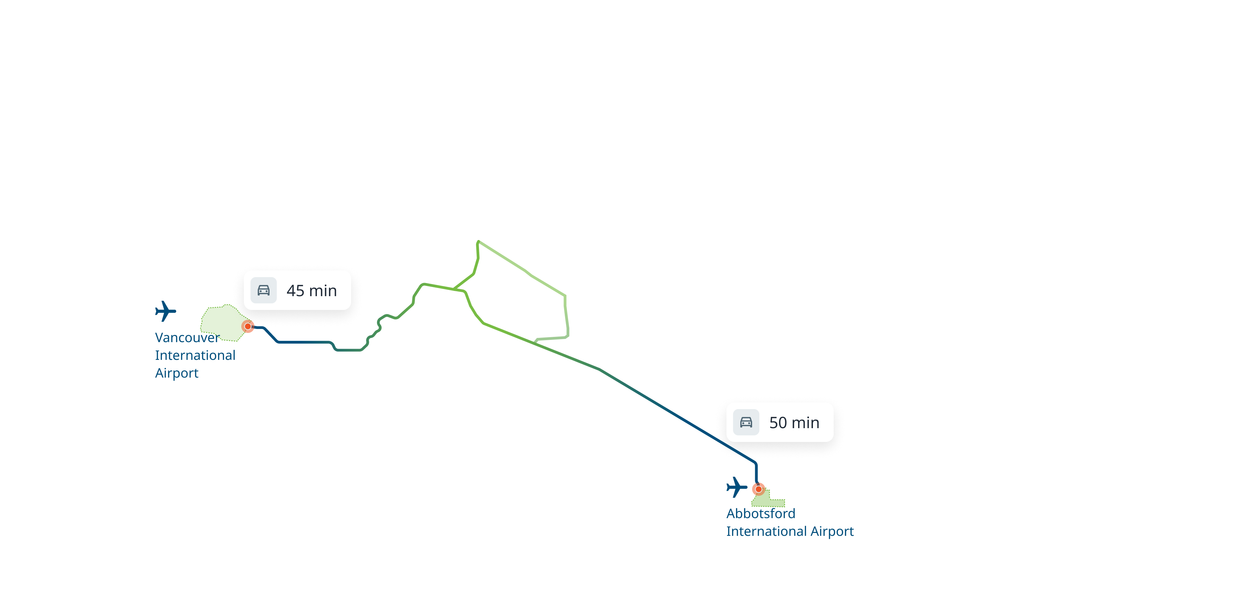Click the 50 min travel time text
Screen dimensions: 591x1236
pyautogui.click(x=794, y=423)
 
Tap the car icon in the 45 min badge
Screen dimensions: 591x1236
pyautogui.click(x=263, y=291)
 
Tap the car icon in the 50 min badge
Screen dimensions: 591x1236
pyautogui.click(x=746, y=422)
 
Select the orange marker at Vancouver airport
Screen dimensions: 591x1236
pyautogui.click(x=248, y=326)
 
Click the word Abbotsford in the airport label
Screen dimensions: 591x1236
pyautogui.click(x=761, y=514)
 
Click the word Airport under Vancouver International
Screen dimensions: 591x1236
pyautogui.click(x=177, y=373)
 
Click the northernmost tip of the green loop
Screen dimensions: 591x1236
pyautogui.click(x=478, y=242)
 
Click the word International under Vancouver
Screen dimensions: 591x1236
pyautogui.click(x=195, y=356)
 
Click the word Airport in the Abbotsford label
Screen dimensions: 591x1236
pyautogui.click(x=832, y=532)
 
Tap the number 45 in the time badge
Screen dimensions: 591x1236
pyautogui.click(x=295, y=291)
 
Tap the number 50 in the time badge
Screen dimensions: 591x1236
pyautogui.click(x=778, y=423)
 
